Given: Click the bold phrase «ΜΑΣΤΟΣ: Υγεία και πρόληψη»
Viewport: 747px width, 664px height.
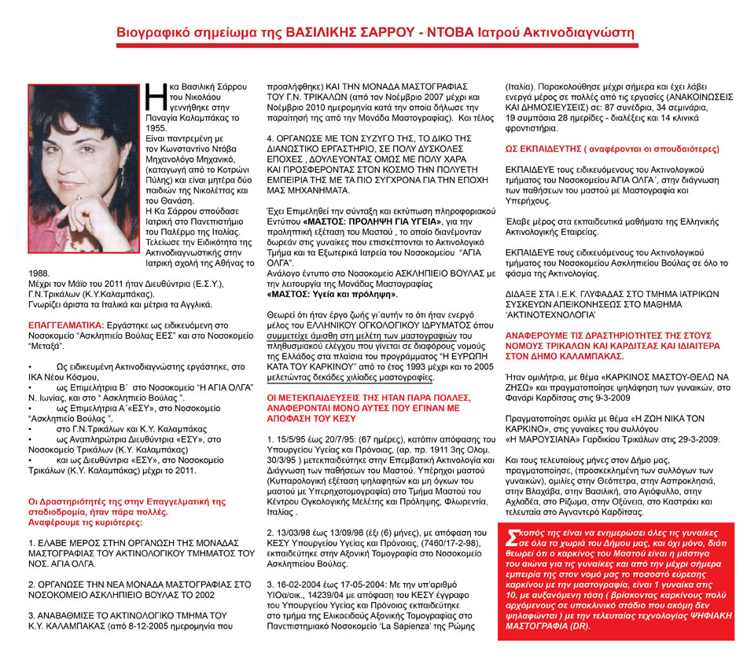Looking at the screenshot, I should coord(331,294).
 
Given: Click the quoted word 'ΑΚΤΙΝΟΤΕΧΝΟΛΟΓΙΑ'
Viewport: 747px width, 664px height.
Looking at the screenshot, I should coord(550,310).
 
